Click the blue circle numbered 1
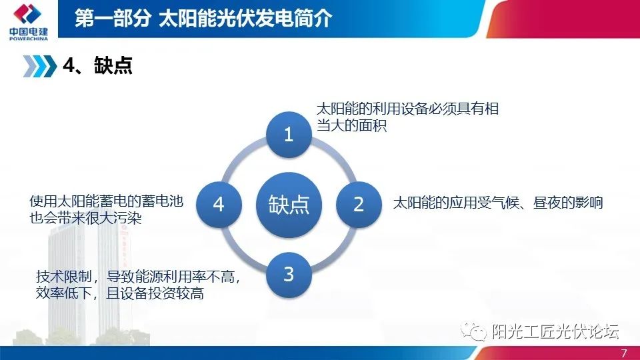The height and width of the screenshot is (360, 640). click(289, 135)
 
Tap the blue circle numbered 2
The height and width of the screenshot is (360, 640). click(359, 204)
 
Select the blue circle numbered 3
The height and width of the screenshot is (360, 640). click(289, 274)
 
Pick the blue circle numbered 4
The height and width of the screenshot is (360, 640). click(219, 204)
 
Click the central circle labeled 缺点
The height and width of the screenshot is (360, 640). click(289, 204)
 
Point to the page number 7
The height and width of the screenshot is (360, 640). click(623, 353)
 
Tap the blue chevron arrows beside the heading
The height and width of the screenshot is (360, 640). click(39, 65)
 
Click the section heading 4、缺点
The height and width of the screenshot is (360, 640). click(97, 65)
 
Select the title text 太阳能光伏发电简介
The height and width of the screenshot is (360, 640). click(245, 18)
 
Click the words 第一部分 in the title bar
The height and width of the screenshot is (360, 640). click(112, 18)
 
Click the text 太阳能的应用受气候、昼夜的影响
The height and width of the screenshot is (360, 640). click(498, 203)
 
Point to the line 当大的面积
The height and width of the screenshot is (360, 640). click(351, 125)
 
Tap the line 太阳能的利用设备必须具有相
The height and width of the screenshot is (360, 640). click(407, 109)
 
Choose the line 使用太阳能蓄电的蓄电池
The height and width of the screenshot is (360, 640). click(107, 201)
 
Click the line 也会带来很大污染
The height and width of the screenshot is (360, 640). click(86, 218)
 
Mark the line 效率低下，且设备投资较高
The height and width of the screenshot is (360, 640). click(120, 293)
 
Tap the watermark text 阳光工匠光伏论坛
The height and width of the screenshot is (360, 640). click(555, 331)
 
